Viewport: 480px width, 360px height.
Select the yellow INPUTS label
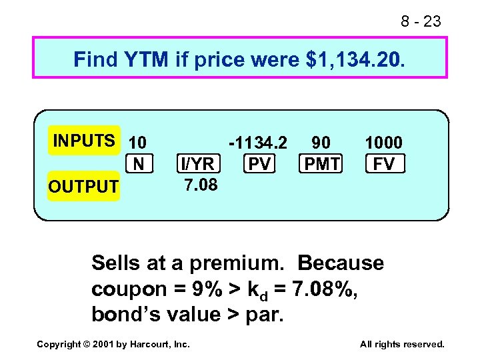(84, 141)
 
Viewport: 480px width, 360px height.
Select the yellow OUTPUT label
(83, 187)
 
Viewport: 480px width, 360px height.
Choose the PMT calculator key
(321, 163)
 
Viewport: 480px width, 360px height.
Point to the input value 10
(138, 143)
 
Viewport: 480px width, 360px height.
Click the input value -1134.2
(258, 143)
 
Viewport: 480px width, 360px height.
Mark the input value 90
(321, 143)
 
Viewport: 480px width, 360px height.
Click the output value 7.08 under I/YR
(200, 184)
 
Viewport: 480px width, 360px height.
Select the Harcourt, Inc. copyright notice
(113, 344)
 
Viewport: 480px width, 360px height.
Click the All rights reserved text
(402, 344)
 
